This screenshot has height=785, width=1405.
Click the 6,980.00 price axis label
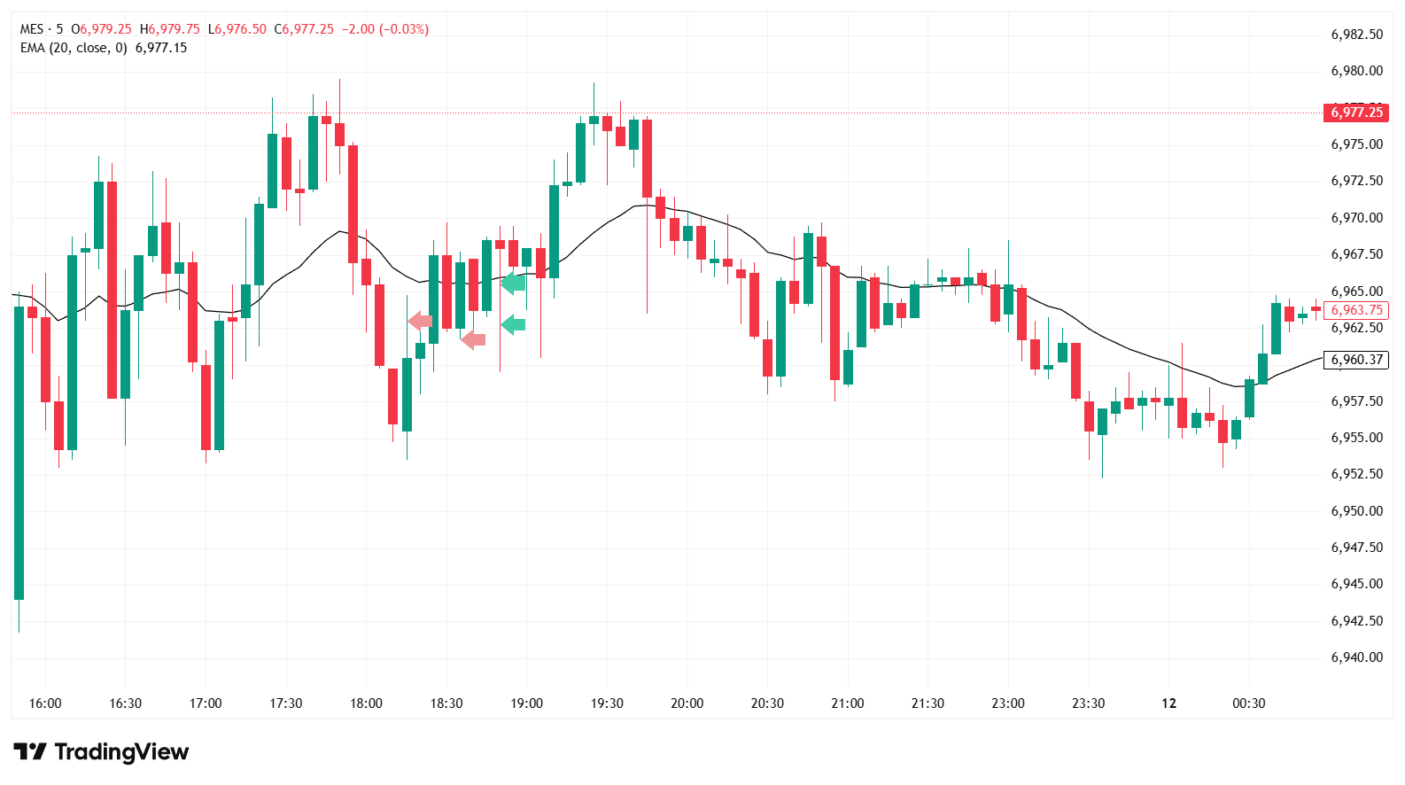(x=1356, y=71)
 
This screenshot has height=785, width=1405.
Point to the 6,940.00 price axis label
(x=1356, y=657)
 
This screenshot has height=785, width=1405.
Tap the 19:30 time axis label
(x=607, y=703)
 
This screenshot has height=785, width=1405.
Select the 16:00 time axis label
(x=45, y=703)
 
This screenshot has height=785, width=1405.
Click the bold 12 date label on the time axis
(x=1168, y=703)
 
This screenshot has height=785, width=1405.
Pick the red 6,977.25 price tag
(x=1356, y=112)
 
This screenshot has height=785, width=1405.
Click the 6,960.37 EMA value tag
(x=1356, y=360)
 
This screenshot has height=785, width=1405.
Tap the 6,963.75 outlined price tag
(x=1356, y=310)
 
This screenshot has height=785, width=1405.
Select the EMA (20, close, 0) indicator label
(x=74, y=48)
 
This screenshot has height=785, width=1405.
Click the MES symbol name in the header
(x=32, y=29)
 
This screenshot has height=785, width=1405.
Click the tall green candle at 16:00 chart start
(x=19, y=452)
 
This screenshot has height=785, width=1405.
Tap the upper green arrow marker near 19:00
(x=513, y=284)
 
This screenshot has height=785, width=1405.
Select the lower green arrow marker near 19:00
(x=513, y=324)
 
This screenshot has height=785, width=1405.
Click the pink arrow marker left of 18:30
(x=420, y=321)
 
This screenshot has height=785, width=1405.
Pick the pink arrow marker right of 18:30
(x=473, y=338)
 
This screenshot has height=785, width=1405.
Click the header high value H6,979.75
(x=170, y=29)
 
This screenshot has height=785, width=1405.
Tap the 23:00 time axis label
(x=1008, y=703)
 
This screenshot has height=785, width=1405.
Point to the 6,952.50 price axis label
(x=1356, y=474)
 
